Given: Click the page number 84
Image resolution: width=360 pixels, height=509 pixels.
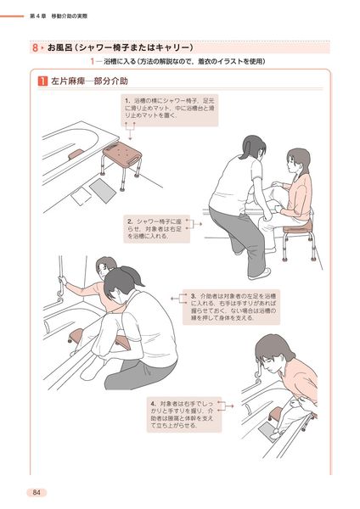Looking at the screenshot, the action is pos(37,492).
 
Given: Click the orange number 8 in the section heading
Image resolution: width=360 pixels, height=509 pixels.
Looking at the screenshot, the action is pos(35,48).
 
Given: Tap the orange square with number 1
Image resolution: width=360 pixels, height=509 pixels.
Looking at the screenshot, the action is pos(42,81).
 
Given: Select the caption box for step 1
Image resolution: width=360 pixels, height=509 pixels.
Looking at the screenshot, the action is pos(170,110).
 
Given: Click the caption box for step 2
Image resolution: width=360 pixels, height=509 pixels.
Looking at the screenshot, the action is pos(156,228).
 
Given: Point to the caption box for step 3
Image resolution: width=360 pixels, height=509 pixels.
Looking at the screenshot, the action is pos(231,307).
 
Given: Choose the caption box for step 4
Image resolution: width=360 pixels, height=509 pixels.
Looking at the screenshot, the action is pos(184,415).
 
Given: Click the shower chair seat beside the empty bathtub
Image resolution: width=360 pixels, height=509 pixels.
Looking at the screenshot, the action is pos(122,154).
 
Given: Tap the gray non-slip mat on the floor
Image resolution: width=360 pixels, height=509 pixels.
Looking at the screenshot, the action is pos(103,191).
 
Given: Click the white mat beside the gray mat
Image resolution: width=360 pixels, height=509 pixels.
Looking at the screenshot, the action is pos(82,196).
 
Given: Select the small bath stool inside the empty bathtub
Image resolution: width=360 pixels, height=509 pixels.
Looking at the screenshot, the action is pos(76,154).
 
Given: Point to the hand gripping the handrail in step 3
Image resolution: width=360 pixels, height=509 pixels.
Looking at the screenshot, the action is pos(62,280).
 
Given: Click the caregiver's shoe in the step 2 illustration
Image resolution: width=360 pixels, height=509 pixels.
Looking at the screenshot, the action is pos(259,274).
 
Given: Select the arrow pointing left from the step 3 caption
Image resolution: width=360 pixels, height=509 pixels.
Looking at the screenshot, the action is pos(179,299).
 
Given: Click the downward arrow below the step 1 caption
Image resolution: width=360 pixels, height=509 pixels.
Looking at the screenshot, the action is pos(130,131).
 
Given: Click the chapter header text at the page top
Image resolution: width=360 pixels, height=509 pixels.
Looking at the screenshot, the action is pos(59,16).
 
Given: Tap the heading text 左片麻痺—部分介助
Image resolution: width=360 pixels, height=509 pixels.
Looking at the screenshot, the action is pos(90,81).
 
